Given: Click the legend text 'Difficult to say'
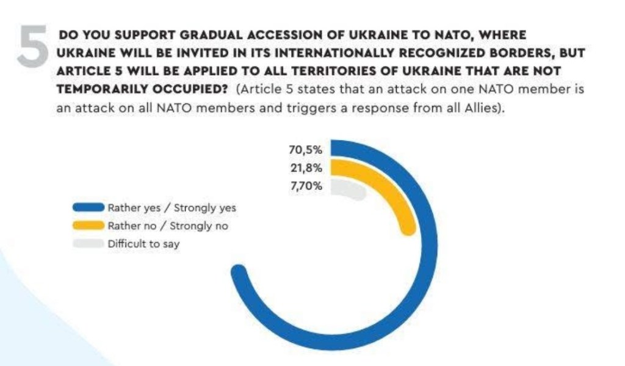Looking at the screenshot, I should click(x=144, y=244).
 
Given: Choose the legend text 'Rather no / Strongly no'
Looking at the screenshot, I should click(x=168, y=226).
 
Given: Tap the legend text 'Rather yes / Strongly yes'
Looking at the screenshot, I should click(x=172, y=208).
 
